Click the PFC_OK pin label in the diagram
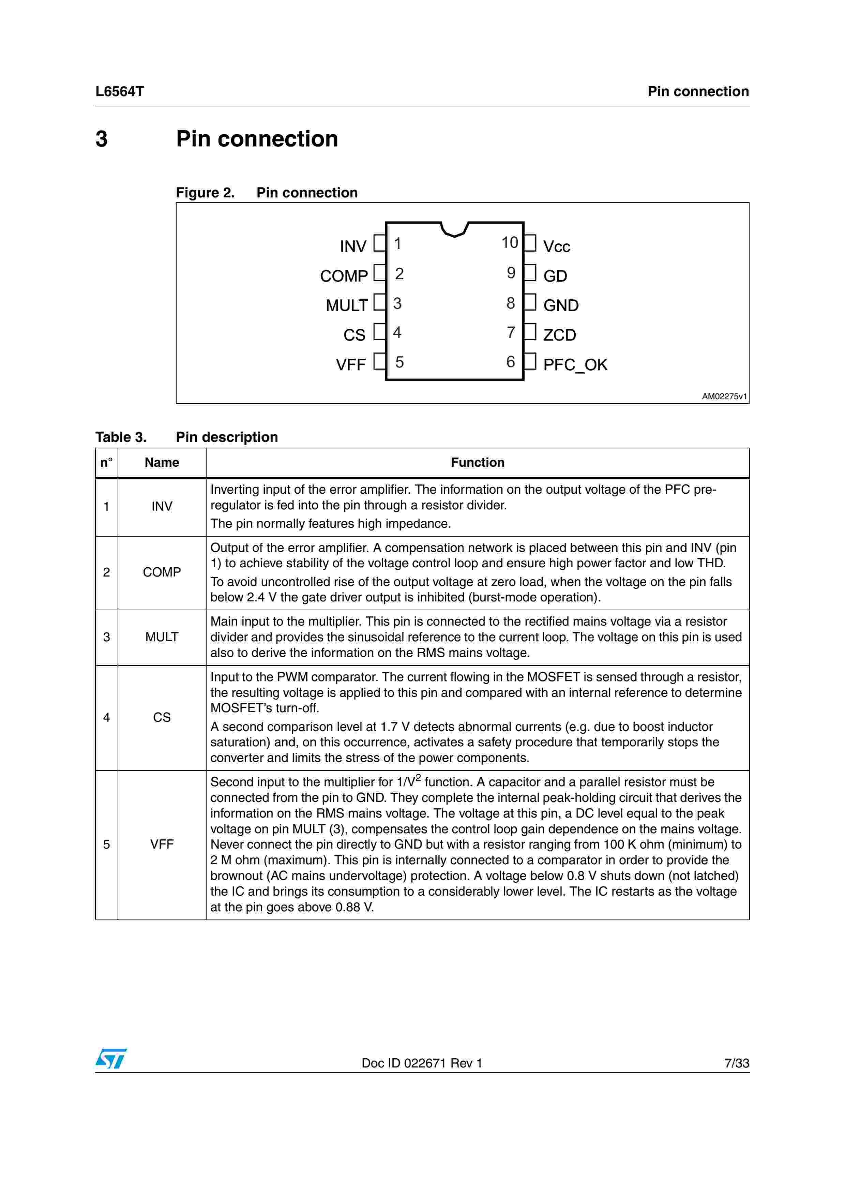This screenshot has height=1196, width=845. click(575, 365)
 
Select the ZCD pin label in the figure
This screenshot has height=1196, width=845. click(559, 335)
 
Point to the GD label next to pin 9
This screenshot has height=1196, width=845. click(555, 276)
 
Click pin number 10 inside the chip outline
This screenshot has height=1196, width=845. click(509, 243)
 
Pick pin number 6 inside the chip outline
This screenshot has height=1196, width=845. click(511, 362)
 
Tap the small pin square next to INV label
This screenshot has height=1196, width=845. click(379, 243)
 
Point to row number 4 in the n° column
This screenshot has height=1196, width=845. click(106, 717)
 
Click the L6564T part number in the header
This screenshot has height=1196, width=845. click(119, 92)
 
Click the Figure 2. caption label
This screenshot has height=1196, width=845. click(205, 193)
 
